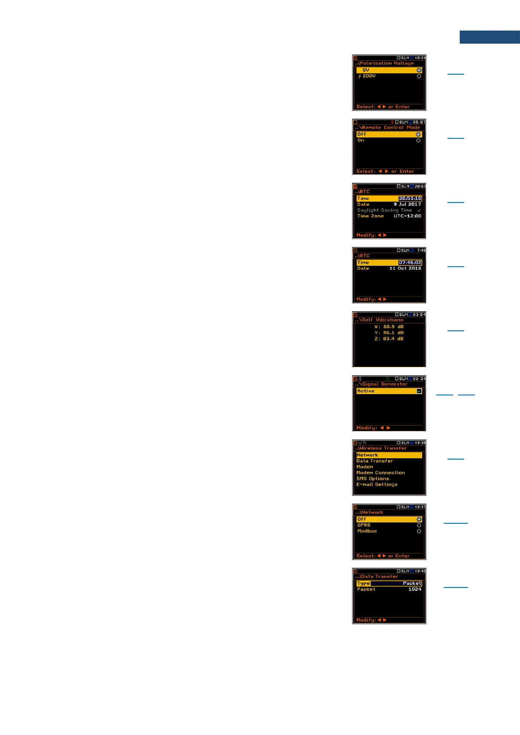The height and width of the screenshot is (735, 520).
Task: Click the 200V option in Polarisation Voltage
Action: tap(369, 76)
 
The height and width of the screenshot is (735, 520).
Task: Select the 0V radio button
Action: tap(419, 70)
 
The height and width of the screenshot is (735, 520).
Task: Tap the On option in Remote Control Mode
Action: tap(361, 141)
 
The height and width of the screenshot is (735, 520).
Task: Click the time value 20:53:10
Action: tap(410, 199)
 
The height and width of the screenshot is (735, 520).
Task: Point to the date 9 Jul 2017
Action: tap(407, 204)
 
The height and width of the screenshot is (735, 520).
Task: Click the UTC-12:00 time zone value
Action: tap(407, 216)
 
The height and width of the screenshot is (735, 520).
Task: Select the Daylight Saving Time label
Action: tap(384, 210)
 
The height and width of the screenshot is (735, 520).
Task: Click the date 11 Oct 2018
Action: tap(405, 268)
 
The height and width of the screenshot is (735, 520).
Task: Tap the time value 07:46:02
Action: tap(410, 263)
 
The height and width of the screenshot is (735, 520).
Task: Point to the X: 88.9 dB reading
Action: tap(389, 327)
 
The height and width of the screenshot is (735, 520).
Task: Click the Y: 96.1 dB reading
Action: tap(389, 333)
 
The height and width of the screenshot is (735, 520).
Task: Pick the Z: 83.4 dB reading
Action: tap(389, 339)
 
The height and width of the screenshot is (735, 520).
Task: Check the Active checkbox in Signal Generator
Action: tap(419, 391)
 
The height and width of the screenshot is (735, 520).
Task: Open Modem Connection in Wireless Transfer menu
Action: tap(380, 473)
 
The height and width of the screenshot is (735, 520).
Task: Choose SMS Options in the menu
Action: tap(372, 479)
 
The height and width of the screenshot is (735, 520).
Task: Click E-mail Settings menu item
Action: tap(377, 484)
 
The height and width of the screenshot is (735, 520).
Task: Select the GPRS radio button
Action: tap(419, 525)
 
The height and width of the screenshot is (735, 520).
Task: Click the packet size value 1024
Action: tap(414, 589)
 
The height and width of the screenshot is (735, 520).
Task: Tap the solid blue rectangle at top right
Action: tap(489, 37)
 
